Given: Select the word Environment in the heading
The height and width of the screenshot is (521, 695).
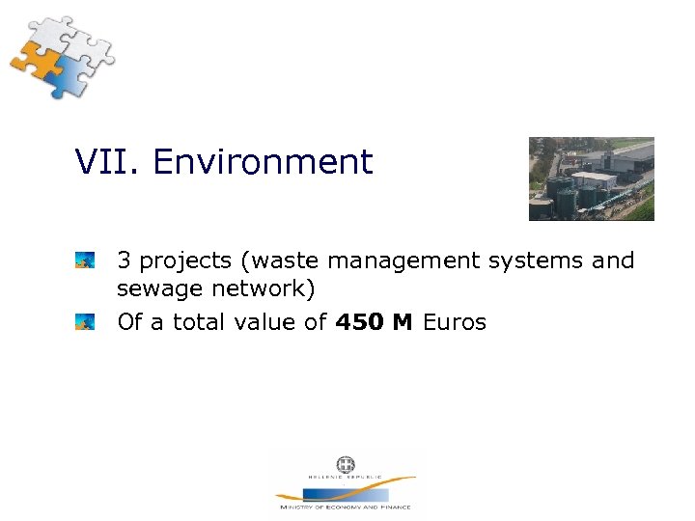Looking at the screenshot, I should pyautogui.click(x=263, y=162).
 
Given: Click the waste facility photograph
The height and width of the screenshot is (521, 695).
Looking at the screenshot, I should pyautogui.click(x=591, y=178).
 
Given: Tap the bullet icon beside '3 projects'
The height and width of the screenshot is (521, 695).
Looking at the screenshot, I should pyautogui.click(x=85, y=260).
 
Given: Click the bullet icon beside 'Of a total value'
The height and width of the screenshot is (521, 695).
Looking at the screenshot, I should pyautogui.click(x=85, y=321).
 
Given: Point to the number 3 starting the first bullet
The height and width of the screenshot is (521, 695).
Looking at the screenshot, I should pyautogui.click(x=124, y=260).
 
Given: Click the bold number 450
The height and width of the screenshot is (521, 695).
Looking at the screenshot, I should pyautogui.click(x=359, y=321).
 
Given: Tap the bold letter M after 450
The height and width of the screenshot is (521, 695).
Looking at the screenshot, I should pyautogui.click(x=403, y=321).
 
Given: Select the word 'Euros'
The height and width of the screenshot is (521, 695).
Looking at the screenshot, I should pyautogui.click(x=455, y=321).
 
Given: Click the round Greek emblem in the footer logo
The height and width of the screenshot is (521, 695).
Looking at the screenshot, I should pyautogui.click(x=345, y=465).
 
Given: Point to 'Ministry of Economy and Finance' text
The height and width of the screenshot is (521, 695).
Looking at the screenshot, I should pyautogui.click(x=345, y=507).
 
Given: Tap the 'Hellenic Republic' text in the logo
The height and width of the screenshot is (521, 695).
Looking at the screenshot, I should pyautogui.click(x=345, y=478).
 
